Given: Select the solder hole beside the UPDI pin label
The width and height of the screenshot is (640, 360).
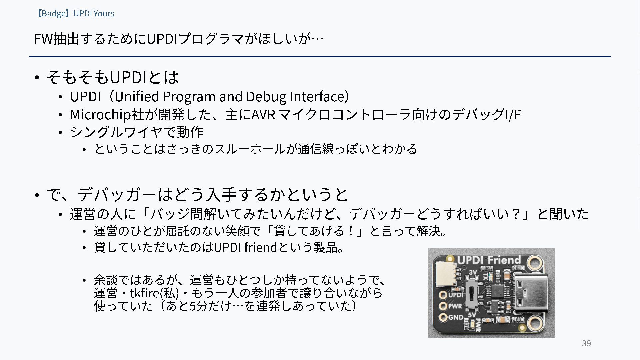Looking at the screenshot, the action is (x=443, y=295).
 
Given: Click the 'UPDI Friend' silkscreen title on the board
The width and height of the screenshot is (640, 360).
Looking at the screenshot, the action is (x=489, y=260).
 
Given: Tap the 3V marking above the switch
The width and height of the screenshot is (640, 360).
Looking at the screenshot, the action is (x=473, y=272).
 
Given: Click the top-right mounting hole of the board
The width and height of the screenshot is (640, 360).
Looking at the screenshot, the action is (x=534, y=263).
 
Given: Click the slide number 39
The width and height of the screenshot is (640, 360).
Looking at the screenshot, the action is (x=586, y=343).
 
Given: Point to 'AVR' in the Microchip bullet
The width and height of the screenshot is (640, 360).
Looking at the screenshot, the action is (x=263, y=115).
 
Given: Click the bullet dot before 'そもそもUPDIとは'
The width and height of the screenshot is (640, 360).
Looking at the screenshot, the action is (x=37, y=78).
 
